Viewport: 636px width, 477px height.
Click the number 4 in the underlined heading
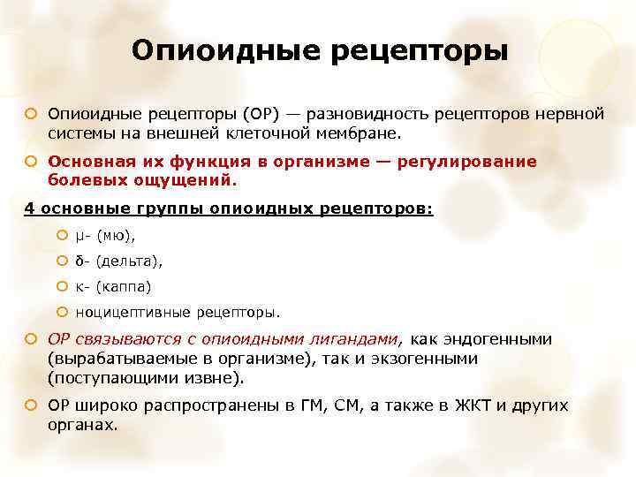[27, 209]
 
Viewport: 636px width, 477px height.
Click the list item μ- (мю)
[106, 236]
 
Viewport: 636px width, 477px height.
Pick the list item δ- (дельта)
[119, 261]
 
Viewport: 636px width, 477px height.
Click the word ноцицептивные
[133, 312]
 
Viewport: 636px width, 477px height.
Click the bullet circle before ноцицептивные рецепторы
[62, 312]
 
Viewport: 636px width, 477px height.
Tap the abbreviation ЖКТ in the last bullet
[473, 406]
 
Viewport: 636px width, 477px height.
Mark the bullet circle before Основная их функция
[31, 163]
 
